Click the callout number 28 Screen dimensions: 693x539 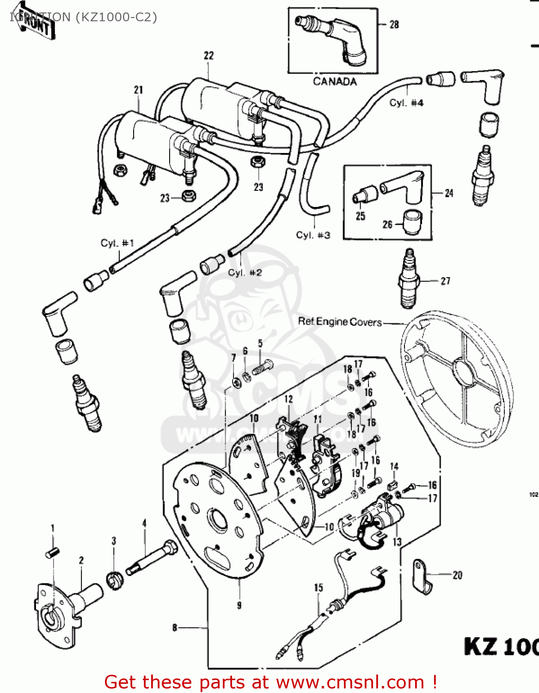pyautogui.click(x=394, y=24)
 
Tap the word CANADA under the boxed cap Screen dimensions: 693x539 pyautogui.click(x=335, y=82)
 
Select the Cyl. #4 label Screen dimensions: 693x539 pyautogui.click(x=406, y=103)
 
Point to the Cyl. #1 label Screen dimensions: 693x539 pyautogui.click(x=117, y=243)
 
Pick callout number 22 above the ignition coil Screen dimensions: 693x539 pyautogui.click(x=209, y=55)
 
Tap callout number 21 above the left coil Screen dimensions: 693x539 pyautogui.click(x=139, y=90)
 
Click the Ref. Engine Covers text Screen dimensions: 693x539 pyautogui.click(x=340, y=322)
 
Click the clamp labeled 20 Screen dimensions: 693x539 pyautogui.click(x=422, y=577)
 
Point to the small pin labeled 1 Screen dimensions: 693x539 pyautogui.click(x=52, y=552)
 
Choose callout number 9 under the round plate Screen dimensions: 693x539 pyautogui.click(x=239, y=605)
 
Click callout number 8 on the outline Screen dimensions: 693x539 pyautogui.click(x=175, y=627)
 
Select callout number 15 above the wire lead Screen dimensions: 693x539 pyautogui.click(x=318, y=588)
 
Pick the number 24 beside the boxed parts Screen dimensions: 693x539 pyautogui.click(x=449, y=193)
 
